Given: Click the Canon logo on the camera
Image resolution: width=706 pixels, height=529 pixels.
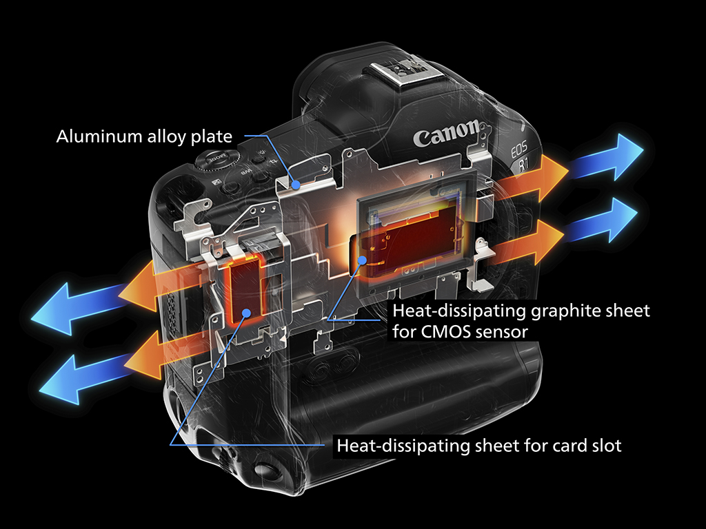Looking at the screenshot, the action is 447,134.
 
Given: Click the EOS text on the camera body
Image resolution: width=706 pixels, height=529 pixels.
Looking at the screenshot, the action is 518,149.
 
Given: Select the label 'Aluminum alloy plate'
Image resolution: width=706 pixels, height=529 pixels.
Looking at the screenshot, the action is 144,136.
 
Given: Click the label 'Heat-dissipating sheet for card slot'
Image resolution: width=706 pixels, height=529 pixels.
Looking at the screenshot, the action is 479,446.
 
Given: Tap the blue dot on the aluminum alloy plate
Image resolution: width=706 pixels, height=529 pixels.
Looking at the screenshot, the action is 296,184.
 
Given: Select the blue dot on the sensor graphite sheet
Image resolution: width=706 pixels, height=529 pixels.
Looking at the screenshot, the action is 362,260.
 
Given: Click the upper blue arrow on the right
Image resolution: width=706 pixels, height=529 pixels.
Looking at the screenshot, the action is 605,157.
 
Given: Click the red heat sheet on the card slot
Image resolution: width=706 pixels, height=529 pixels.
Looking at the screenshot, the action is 246,288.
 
